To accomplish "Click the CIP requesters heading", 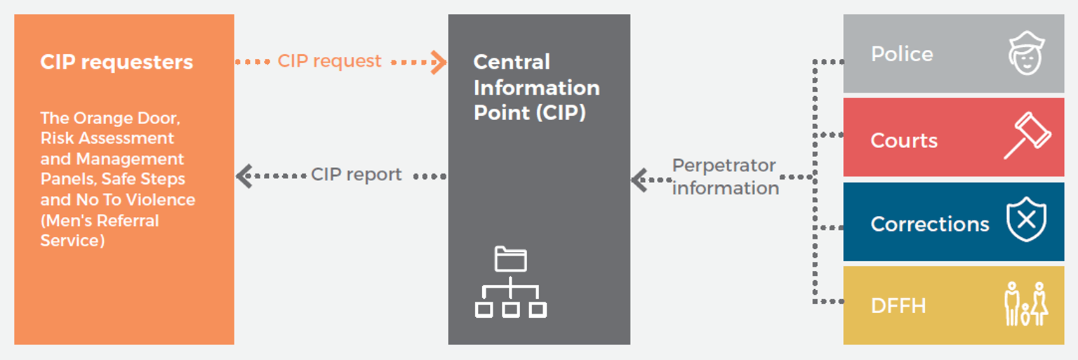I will [117, 62].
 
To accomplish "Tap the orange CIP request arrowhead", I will [439, 62].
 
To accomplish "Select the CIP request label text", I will [329, 61].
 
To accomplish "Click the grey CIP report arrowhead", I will [244, 175].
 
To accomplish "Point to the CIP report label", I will [357, 175].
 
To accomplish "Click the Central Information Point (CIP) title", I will [536, 87].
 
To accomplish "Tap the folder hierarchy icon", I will [510, 282].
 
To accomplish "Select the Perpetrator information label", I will [725, 177].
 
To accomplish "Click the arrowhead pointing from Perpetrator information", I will [639, 180].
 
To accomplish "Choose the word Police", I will [902, 54].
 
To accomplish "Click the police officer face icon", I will [1026, 53].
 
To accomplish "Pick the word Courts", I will [904, 140].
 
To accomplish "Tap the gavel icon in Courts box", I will [1026, 136].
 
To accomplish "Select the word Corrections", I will [929, 224].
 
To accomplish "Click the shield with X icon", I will [1026, 220].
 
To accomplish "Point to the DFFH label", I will [898, 306].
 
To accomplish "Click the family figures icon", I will [1025, 304].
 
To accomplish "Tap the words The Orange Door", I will [110, 118].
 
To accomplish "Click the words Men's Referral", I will [100, 220].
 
